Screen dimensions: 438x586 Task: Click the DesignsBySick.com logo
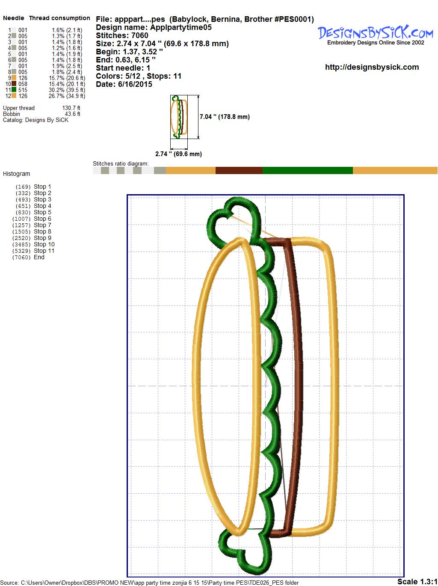(x=375, y=35)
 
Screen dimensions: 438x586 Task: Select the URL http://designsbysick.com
(x=372, y=67)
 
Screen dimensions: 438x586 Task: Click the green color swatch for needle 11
(x=14, y=90)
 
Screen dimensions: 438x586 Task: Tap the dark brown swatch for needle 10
(x=14, y=84)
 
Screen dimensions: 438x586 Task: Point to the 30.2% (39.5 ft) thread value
(x=67, y=90)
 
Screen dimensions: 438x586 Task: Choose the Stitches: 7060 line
(x=122, y=35)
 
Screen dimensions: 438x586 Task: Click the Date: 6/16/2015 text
(x=124, y=84)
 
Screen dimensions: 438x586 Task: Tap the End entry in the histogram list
(x=28, y=257)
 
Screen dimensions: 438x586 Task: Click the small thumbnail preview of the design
(x=179, y=117)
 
